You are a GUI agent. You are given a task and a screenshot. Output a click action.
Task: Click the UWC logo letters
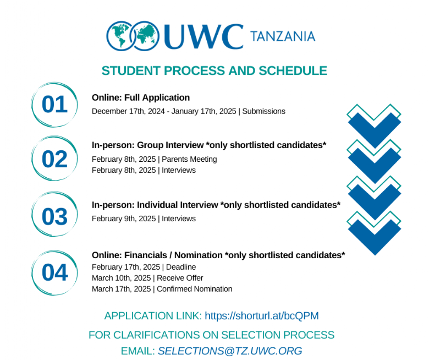click(x=204, y=36)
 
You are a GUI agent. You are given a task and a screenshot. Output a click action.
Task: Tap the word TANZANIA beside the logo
click(x=283, y=37)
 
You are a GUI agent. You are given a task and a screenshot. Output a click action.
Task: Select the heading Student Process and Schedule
click(x=215, y=70)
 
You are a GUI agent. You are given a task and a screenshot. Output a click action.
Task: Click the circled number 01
click(x=54, y=104)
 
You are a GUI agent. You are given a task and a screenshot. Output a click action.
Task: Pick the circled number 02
click(x=54, y=159)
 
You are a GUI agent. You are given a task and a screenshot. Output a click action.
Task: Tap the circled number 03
click(x=54, y=216)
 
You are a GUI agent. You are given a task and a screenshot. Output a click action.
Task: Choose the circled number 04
click(x=54, y=272)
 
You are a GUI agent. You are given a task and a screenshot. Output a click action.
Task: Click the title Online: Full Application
click(x=141, y=97)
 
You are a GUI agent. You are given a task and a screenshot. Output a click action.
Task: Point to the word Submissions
click(x=264, y=111)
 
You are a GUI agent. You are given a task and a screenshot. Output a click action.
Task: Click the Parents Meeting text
click(x=189, y=159)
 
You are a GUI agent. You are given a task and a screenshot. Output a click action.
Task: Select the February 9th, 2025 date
click(x=124, y=219)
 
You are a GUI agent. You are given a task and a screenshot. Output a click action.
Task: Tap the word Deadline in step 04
click(x=181, y=267)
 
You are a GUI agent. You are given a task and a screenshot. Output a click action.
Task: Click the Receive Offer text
click(x=180, y=278)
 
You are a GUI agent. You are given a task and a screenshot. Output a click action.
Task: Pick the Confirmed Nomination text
click(x=194, y=289)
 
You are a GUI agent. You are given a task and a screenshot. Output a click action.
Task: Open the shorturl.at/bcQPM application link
click(x=262, y=315)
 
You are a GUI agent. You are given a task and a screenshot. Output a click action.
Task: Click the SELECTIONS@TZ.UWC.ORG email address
click(x=230, y=351)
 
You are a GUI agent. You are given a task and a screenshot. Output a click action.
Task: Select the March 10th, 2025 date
click(x=121, y=278)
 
